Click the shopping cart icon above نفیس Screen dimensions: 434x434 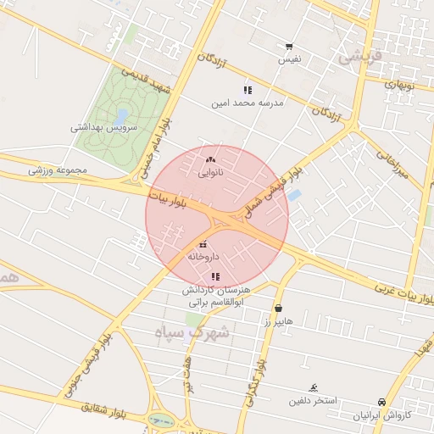click(x=290, y=47)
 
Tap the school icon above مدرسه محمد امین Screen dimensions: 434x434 click(x=248, y=89)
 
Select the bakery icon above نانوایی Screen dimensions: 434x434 click(x=210, y=159)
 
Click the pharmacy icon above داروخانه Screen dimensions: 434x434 click(x=203, y=245)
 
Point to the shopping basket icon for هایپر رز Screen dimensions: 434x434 click(x=278, y=309)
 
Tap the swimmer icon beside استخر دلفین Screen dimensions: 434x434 click(x=314, y=387)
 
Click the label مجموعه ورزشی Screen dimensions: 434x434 click(x=58, y=170)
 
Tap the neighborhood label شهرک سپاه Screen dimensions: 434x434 click(x=192, y=332)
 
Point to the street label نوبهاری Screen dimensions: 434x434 click(x=398, y=83)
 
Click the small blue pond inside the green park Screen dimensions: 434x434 click(x=122, y=114)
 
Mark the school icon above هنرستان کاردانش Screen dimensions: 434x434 click(x=216, y=276)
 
